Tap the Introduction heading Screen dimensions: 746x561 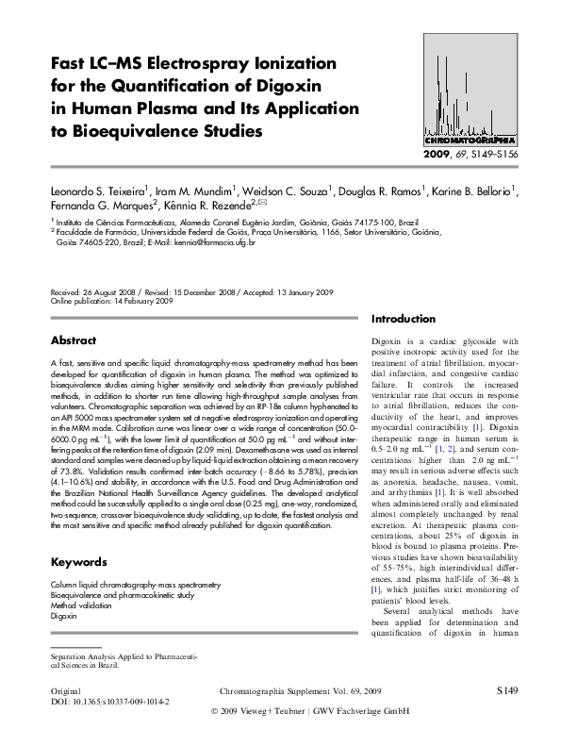tap(404, 319)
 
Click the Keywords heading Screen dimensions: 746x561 tap(78, 562)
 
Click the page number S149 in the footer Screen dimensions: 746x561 tap(506, 691)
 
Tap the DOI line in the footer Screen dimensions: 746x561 tap(109, 703)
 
